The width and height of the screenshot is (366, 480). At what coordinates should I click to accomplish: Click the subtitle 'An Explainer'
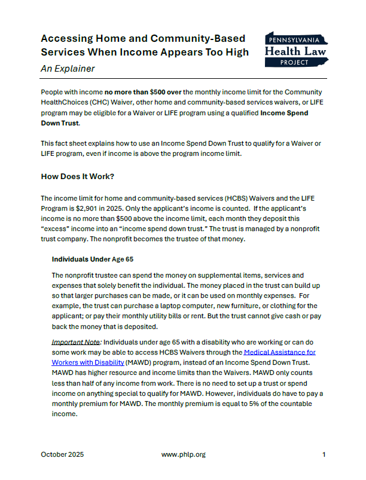coord(68,68)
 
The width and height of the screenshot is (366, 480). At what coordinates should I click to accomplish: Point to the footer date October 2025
coord(62,454)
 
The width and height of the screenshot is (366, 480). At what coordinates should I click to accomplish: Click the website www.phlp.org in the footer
coord(183,454)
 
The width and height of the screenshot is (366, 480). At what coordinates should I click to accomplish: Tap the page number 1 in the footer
coord(324,454)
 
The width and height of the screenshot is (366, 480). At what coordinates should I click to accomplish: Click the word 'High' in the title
coord(237,52)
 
